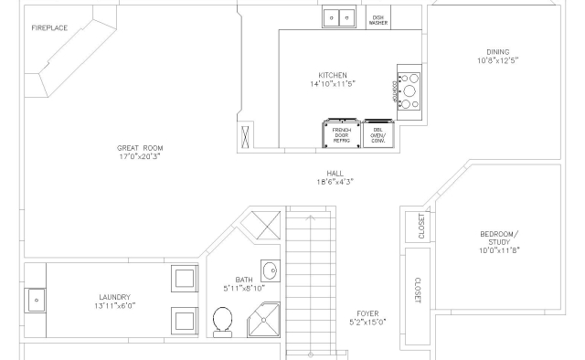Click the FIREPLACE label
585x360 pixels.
click(49, 28)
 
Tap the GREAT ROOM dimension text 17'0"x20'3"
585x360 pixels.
click(140, 156)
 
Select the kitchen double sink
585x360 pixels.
click(339, 16)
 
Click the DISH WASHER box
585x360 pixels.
click(378, 17)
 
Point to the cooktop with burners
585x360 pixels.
click(409, 91)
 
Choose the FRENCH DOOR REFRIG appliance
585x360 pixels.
click(341, 133)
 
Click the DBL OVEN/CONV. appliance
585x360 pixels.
click(378, 134)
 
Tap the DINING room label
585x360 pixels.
click(497, 52)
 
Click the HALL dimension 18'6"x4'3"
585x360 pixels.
click(335, 182)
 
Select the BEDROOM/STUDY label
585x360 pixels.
click(499, 238)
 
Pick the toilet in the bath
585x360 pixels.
click(223, 323)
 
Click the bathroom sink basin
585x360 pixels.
click(271, 270)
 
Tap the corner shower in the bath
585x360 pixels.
click(264, 320)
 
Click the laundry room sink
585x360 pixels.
click(36, 300)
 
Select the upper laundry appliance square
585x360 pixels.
click(185, 279)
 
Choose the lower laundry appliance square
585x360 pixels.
click(185, 321)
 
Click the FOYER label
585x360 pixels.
click(367, 313)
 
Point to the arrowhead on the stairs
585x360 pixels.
click(311, 217)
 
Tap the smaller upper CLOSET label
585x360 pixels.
click(421, 226)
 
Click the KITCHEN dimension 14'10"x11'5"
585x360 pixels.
click(333, 83)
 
